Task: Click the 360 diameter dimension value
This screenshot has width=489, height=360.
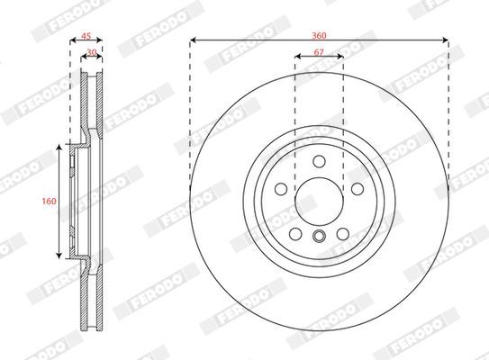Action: [x=319, y=35]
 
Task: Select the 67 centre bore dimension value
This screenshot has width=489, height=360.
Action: [x=319, y=52]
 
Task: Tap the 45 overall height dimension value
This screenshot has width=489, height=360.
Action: [x=86, y=36]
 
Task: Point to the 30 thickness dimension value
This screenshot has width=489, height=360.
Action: [x=92, y=52]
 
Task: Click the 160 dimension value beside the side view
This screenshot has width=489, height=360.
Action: [x=50, y=201]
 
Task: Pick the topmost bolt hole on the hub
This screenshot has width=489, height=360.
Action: [x=319, y=161]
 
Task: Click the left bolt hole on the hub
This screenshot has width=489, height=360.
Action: [x=281, y=189]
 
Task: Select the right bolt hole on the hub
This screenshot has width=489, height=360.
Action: [x=358, y=189]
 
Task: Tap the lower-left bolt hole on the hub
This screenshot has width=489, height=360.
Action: [x=295, y=234]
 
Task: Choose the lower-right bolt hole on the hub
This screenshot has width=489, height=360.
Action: [x=343, y=234]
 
